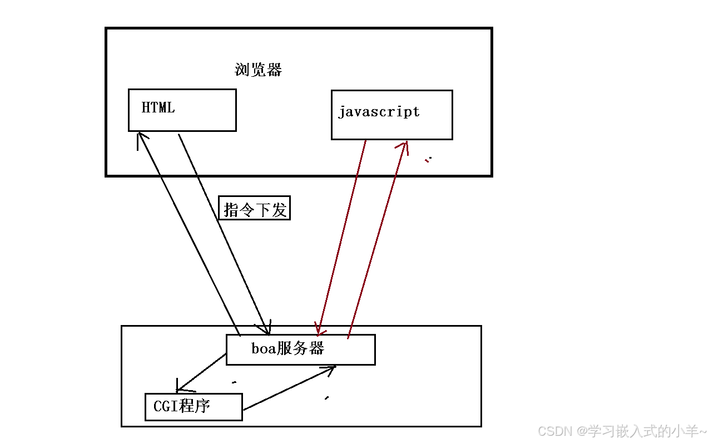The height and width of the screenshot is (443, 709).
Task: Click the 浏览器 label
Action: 258,70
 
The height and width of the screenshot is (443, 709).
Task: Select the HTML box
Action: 182,110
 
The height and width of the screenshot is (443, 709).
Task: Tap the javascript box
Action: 391,115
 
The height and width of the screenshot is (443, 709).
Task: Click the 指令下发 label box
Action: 254,208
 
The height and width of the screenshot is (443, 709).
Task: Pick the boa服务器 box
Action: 300,350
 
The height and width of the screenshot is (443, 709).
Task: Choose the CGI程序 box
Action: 193,406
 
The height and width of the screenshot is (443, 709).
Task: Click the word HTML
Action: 158,107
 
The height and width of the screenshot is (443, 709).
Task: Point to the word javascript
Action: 379,111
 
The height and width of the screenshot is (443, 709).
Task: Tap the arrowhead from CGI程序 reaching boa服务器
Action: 331,369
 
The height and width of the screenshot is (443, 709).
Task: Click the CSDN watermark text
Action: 622,431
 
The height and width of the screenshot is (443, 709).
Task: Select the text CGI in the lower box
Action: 165,406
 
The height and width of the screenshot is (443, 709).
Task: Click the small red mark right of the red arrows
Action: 427,160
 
